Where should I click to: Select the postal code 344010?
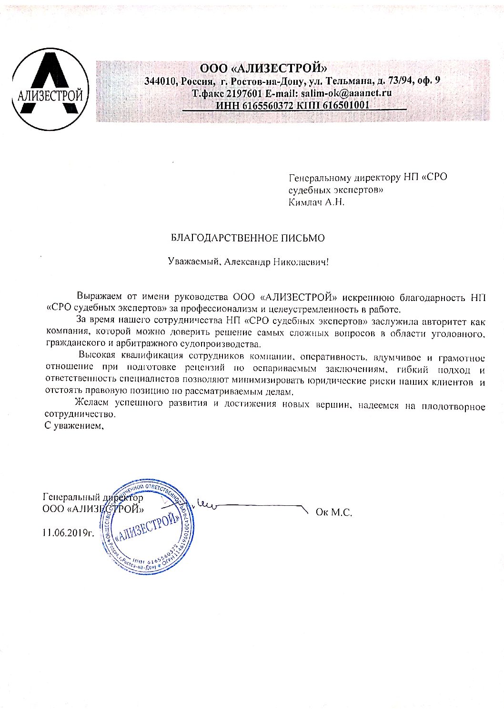pyautogui.click(x=160, y=81)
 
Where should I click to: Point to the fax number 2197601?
pyautogui.click(x=243, y=93)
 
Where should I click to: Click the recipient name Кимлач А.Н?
pyautogui.click(x=316, y=202)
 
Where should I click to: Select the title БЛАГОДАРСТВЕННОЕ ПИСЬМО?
pyautogui.click(x=248, y=238)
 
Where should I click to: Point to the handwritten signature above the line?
pyautogui.click(x=205, y=505)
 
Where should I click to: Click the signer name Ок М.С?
pyautogui.click(x=333, y=513)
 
